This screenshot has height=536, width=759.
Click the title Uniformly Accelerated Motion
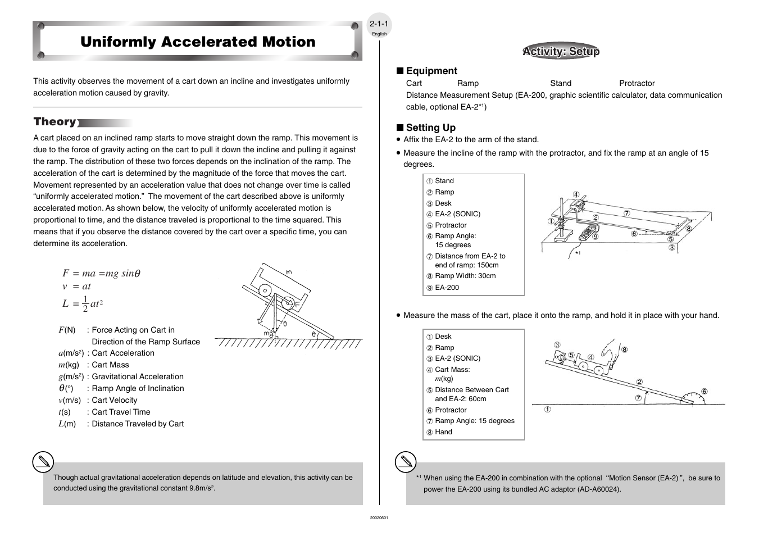click(198, 42)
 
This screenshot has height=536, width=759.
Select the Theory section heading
click(55, 121)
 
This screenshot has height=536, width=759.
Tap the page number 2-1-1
click(379, 24)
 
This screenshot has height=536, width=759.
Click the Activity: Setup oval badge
click(561, 51)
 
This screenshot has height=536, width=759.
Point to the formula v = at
click(76, 287)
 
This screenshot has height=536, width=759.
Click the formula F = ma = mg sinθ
click(101, 273)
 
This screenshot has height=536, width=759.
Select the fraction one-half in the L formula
click(85, 304)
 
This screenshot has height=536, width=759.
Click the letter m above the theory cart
click(289, 272)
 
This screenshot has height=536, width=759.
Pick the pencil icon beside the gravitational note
click(43, 462)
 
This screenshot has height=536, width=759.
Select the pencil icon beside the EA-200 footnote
click(406, 462)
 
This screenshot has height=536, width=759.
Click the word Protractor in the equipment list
click(637, 83)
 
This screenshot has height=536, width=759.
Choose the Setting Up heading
click(431, 128)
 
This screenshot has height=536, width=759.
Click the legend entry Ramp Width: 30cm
click(465, 276)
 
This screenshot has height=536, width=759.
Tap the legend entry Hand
click(443, 432)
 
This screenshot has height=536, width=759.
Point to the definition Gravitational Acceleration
click(138, 376)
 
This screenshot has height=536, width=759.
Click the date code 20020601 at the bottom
click(379, 517)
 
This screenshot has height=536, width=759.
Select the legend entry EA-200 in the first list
click(447, 288)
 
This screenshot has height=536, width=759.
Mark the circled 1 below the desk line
click(548, 409)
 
